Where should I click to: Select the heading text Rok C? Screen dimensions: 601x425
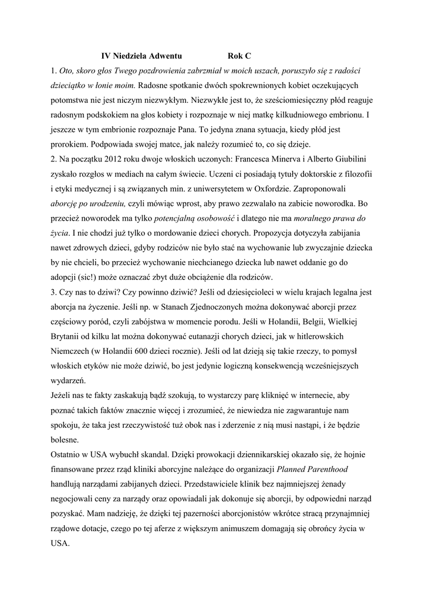[239, 56]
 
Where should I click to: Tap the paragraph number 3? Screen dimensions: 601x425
[53, 292]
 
